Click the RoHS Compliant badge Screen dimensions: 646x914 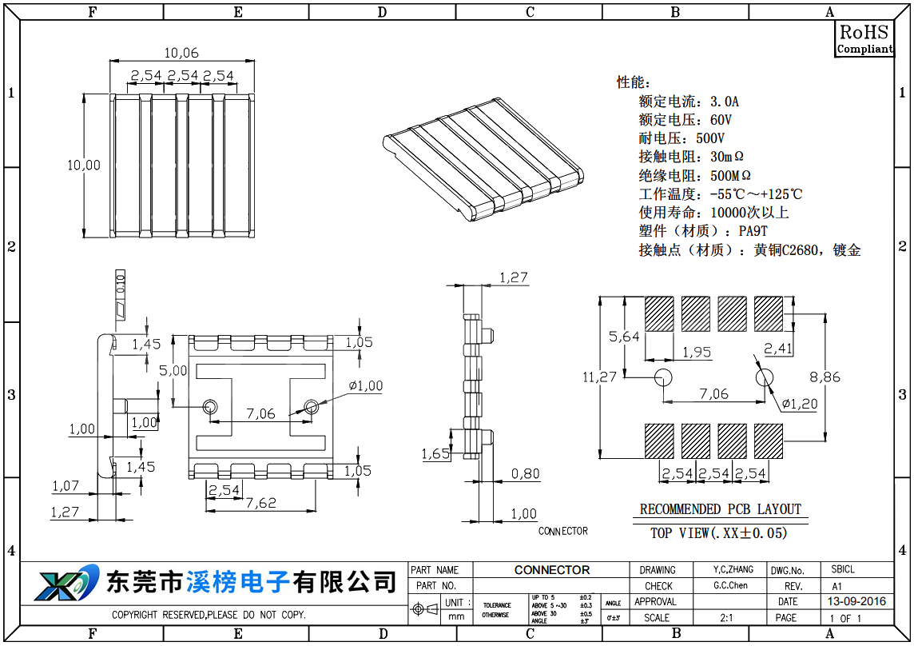pyautogui.click(x=864, y=39)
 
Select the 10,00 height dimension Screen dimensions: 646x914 pyautogui.click(x=84, y=165)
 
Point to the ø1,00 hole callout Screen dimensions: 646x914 pyautogui.click(x=366, y=386)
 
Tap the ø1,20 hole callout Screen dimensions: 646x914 pyautogui.click(x=800, y=404)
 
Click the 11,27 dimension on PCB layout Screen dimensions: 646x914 pyautogui.click(x=600, y=377)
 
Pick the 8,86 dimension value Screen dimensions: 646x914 pyautogui.click(x=825, y=377)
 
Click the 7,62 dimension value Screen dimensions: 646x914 pyautogui.click(x=260, y=503)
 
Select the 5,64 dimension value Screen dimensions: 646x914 pyautogui.click(x=624, y=337)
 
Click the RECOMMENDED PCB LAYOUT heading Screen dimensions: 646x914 pyautogui.click(x=720, y=509)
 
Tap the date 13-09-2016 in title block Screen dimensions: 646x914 pyautogui.click(x=856, y=601)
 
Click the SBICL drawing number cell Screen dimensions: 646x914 pyautogui.click(x=843, y=569)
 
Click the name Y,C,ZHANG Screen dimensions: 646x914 pyautogui.click(x=733, y=569)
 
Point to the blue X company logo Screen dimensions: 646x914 pyautogui.click(x=66, y=583)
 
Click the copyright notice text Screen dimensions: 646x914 pyautogui.click(x=209, y=615)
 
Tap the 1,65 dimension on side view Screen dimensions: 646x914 pyautogui.click(x=435, y=454)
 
